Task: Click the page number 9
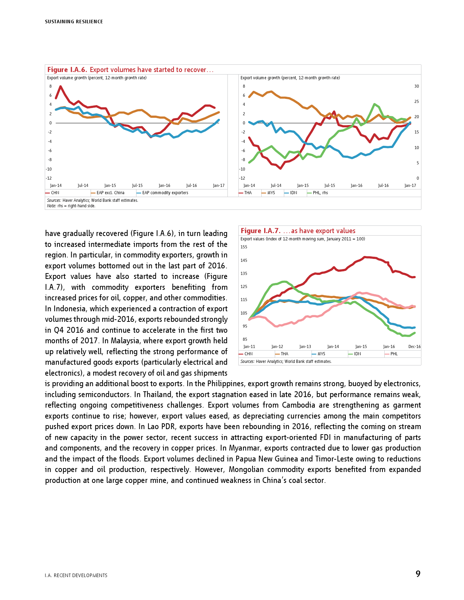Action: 418,574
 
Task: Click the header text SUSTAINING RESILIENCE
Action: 74,22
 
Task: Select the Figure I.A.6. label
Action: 67,70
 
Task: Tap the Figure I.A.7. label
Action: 261,231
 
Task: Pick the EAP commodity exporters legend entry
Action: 165,193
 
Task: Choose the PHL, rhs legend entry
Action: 320,193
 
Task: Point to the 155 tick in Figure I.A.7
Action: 243,247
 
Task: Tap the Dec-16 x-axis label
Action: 414,347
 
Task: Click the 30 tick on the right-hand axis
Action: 416,87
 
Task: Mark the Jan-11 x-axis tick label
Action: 249,347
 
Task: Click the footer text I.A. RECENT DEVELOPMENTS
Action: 76,576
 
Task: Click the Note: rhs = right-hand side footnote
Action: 71,206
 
